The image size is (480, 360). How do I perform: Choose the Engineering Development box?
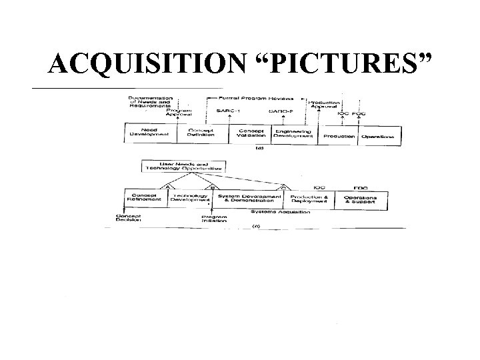[x=295, y=133]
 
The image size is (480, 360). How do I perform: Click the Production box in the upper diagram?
[x=339, y=136]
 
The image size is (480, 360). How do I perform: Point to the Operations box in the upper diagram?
[x=377, y=136]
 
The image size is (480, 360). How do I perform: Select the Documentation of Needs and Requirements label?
[x=149, y=101]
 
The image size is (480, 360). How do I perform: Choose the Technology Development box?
[x=189, y=198]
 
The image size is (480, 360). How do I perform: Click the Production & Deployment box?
[x=307, y=198]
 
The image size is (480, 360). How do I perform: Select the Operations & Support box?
[x=360, y=198]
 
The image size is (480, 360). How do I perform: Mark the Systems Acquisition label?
[x=277, y=211]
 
